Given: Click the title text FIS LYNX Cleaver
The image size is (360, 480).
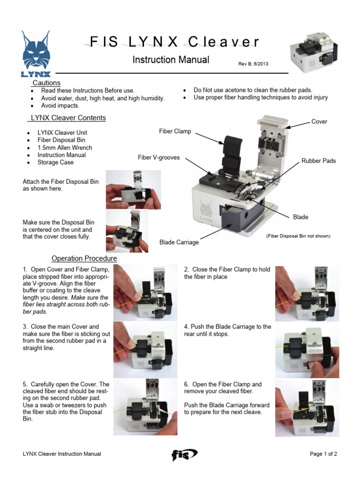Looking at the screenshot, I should tap(172, 42).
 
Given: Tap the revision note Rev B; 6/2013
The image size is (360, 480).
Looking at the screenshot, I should tap(253, 64).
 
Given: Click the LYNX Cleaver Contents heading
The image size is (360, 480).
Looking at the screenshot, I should tap(68, 118).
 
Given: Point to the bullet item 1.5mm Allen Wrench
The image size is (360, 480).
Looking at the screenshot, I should tap(65, 148).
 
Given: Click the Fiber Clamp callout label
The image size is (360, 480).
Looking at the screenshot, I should tap(175, 131).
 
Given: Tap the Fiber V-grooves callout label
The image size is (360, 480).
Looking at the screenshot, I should tap(158, 157).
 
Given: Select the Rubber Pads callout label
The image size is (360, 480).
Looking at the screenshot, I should tap(319, 161).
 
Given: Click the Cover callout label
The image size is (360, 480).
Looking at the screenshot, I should tap(319, 121).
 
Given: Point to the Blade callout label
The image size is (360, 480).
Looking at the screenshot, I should tap(300, 217).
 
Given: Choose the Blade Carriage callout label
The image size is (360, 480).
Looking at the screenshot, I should tap(179, 242).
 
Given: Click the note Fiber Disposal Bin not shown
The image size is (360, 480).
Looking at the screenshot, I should tap(298, 236).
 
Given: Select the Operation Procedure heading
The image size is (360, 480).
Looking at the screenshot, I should tap(84, 258).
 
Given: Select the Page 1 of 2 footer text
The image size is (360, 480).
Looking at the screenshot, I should tap(323, 454).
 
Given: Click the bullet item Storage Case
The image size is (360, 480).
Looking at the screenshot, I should tap(55, 163).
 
